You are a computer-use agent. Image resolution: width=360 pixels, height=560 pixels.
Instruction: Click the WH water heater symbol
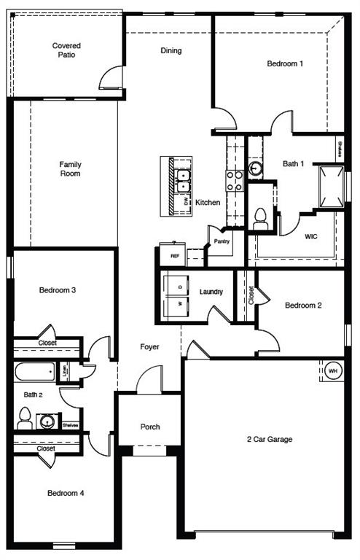pos(333,370)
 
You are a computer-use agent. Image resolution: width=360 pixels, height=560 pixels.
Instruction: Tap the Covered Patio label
pos(66,50)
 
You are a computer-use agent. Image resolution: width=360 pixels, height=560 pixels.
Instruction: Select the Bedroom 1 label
pos(285,64)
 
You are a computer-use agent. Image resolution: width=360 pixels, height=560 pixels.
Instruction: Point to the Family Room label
pos(70,169)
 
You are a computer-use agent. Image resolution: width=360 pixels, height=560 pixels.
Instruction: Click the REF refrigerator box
pos(175,255)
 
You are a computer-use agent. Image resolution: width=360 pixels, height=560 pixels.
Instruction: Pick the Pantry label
pos(222,241)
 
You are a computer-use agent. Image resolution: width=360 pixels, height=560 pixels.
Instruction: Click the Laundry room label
pos(211,292)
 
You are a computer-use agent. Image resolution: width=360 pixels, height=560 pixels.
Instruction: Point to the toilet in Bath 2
pos(24,418)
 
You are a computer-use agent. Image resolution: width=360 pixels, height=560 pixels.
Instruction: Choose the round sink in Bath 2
pos(48,421)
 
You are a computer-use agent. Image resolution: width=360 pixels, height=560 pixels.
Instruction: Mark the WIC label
pos(310,236)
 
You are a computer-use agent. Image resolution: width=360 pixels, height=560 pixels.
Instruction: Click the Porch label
pos(149,427)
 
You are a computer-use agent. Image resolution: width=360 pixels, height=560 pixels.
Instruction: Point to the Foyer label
pos(149,347)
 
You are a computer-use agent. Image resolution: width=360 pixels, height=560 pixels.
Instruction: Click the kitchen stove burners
pos(235,180)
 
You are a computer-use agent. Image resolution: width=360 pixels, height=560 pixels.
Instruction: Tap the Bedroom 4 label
pos(66,494)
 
